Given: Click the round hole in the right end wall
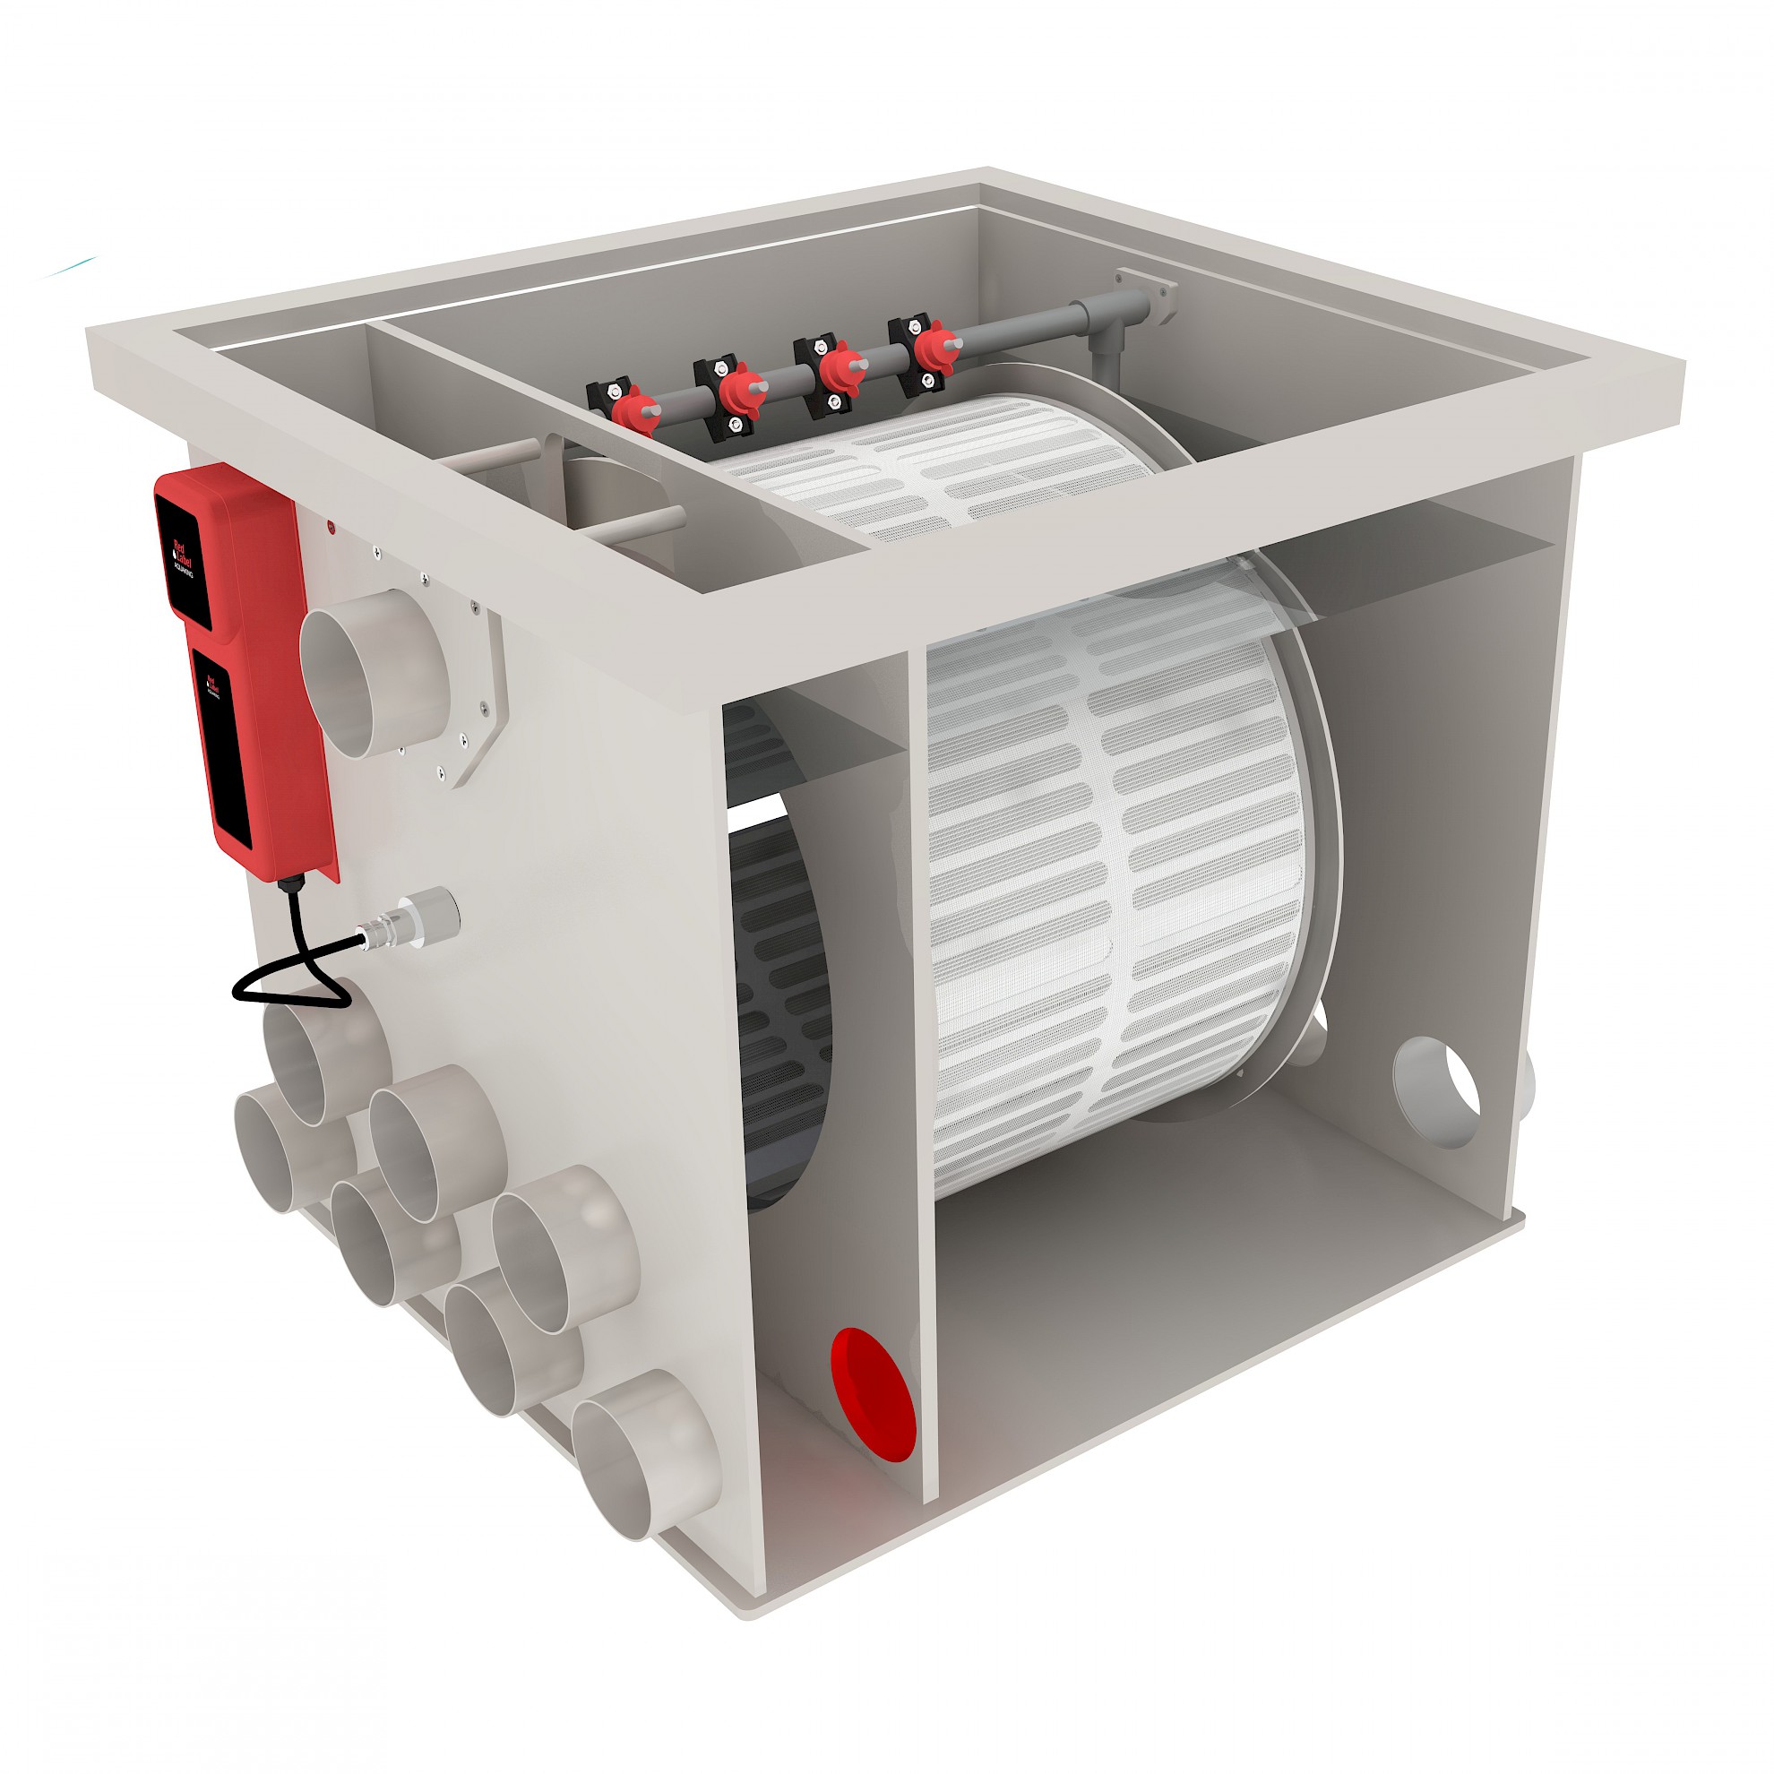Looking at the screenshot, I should pyautogui.click(x=1436, y=1093).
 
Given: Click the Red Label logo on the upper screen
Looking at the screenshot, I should pyautogui.click(x=181, y=551).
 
